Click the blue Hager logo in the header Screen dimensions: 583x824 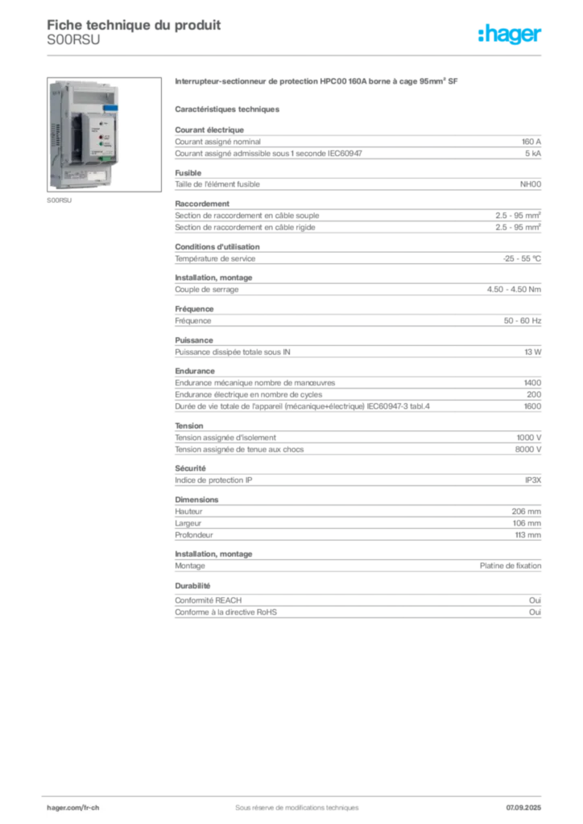511,35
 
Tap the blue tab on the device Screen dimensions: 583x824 111,107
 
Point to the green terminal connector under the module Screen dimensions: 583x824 105,159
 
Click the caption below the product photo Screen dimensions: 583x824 60,202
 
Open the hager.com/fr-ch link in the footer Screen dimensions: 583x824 72,806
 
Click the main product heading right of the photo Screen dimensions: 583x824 317,82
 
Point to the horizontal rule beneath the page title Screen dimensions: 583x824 296,56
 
